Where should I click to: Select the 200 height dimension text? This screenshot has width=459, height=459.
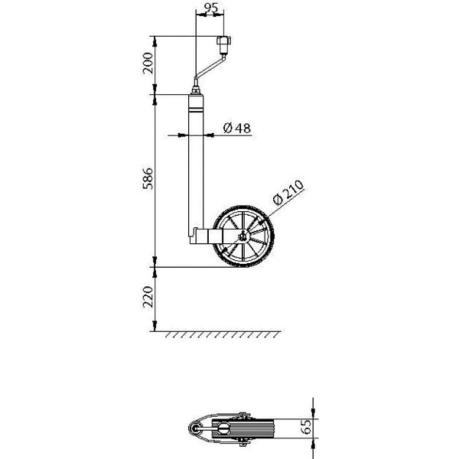tap(149, 64)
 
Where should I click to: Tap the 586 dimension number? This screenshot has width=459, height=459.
tap(149, 180)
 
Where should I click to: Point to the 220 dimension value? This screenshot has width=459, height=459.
tap(149, 298)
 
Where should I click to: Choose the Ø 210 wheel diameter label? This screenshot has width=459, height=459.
tap(288, 194)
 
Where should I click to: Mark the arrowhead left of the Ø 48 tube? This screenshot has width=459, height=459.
tap(183, 135)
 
